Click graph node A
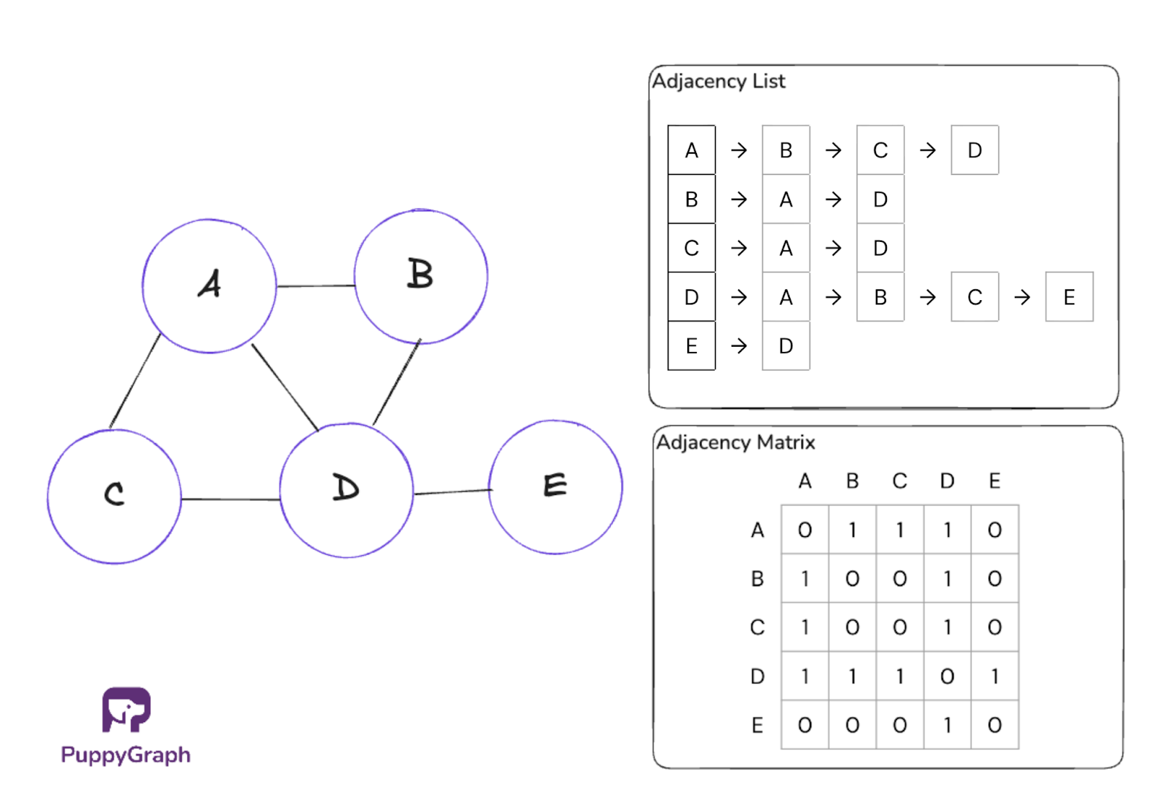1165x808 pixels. click(x=209, y=286)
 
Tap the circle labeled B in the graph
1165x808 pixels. click(x=421, y=276)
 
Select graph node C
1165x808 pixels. click(x=114, y=495)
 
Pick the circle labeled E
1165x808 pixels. click(x=556, y=486)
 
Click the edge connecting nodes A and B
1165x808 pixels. click(x=315, y=286)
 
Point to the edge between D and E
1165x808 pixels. click(x=451, y=493)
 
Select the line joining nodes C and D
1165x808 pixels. click(x=230, y=499)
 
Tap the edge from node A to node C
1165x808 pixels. click(x=135, y=380)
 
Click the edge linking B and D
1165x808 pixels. click(x=397, y=382)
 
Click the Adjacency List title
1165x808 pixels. click(x=718, y=81)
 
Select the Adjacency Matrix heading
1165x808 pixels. click(x=735, y=442)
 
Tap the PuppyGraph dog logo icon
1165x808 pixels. click(x=126, y=709)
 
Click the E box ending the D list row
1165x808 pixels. click(x=1069, y=297)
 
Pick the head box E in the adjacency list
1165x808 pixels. click(x=691, y=346)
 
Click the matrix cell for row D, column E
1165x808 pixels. click(x=995, y=676)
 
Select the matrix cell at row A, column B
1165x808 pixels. click(x=852, y=530)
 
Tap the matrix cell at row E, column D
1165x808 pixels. click(x=947, y=725)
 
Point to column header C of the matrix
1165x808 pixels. click(x=900, y=481)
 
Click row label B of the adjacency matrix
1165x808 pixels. click(x=757, y=578)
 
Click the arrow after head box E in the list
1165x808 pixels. click(x=738, y=346)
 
